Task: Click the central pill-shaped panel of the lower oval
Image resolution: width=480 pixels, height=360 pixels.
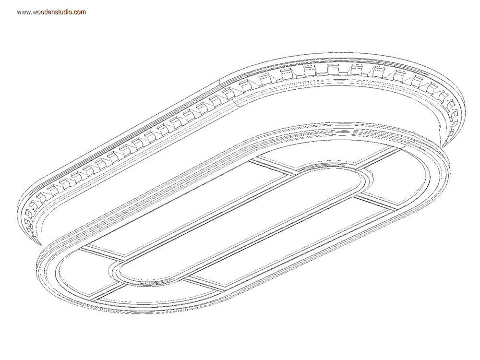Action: [x=242, y=224]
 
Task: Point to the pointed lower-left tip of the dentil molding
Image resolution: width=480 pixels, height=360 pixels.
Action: [x=41, y=245]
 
